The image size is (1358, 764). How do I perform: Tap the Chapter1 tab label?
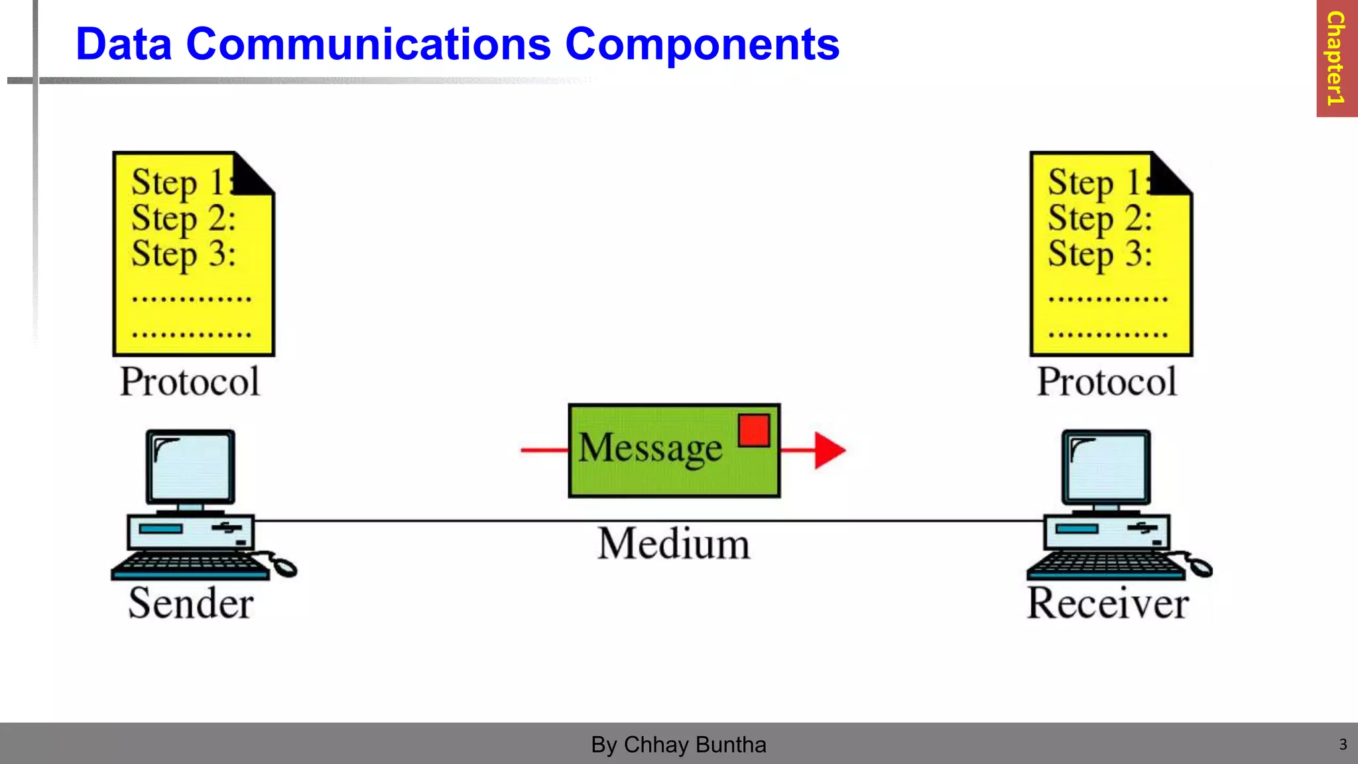pyautogui.click(x=1335, y=58)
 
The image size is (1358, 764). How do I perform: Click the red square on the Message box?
pyautogui.click(x=754, y=430)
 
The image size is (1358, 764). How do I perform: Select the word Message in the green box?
pyautogui.click(x=650, y=448)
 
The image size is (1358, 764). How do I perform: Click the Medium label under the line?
pyautogui.click(x=674, y=544)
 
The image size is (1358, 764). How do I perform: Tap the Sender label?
pyautogui.click(x=191, y=604)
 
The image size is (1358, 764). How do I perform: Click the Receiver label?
pyautogui.click(x=1107, y=604)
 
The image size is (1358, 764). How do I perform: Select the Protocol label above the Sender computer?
pyautogui.click(x=190, y=381)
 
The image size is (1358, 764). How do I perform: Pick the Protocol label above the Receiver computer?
pyautogui.click(x=1107, y=381)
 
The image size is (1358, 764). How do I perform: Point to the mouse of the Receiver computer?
pyautogui.click(x=1201, y=568)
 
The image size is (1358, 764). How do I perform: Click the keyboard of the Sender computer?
pyautogui.click(x=190, y=566)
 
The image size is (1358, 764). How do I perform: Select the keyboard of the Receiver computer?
pyautogui.click(x=1105, y=566)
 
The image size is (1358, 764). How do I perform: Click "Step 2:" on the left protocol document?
pyautogui.click(x=184, y=219)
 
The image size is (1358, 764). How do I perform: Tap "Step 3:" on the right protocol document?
pyautogui.click(x=1100, y=255)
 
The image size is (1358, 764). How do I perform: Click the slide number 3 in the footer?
pyautogui.click(x=1343, y=744)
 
